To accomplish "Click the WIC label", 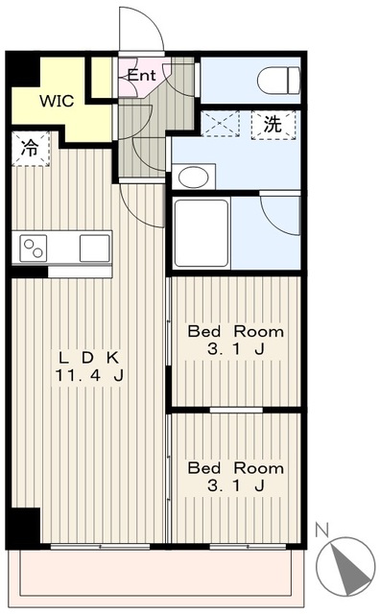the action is click(57, 101).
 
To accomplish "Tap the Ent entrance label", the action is click(141, 75).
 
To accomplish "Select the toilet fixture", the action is click(278, 81).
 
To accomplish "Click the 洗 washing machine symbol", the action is click(273, 125).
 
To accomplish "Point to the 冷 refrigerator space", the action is click(30, 149).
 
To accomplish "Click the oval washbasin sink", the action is click(193, 177).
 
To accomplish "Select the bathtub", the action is click(201, 233).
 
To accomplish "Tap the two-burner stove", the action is click(34, 248).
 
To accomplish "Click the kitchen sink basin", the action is click(94, 248).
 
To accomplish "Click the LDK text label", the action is click(88, 357).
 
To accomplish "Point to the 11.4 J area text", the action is click(89, 375).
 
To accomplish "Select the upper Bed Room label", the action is click(236, 332).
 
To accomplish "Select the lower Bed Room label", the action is click(236, 468).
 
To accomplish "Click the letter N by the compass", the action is click(322, 531).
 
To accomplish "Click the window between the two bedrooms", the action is click(236, 410).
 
